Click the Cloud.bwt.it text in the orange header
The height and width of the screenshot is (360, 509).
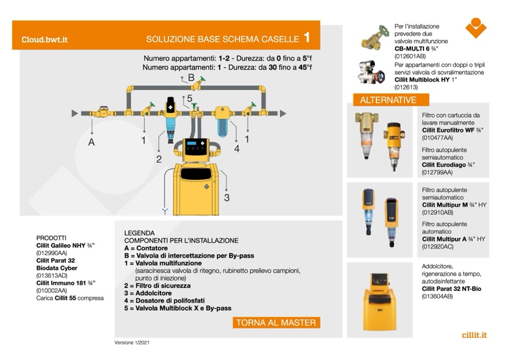(x=44, y=39)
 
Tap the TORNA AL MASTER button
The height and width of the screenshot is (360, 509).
(x=276, y=322)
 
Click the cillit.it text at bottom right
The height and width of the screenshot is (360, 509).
(x=474, y=335)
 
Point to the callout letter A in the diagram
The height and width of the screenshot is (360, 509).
(x=91, y=142)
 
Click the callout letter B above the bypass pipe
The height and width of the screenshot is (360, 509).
(x=191, y=78)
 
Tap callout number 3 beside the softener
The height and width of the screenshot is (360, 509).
(x=227, y=198)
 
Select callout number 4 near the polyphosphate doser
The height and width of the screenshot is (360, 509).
(x=237, y=149)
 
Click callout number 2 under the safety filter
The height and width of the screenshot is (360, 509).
(x=159, y=158)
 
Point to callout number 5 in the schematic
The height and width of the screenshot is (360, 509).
(x=189, y=98)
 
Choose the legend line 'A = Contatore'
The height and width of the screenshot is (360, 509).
(x=146, y=248)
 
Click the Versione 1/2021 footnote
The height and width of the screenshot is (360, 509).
(x=132, y=342)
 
